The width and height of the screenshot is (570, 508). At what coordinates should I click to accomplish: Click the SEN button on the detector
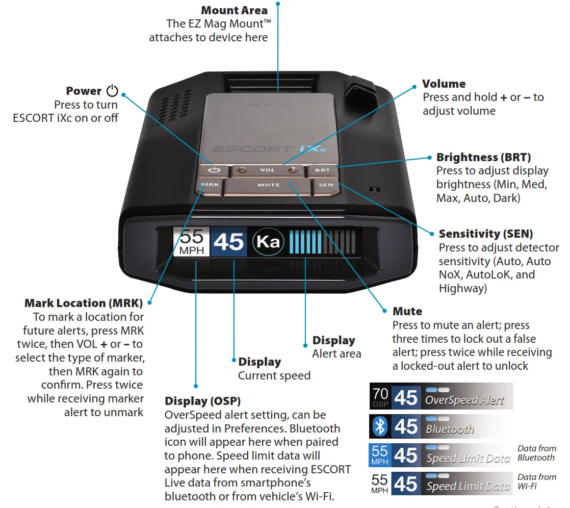[326, 185]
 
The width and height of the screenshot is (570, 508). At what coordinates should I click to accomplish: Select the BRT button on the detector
[322, 170]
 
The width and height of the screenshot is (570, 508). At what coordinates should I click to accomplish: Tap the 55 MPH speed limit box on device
[191, 242]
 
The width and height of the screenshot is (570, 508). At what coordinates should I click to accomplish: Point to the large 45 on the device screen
[229, 242]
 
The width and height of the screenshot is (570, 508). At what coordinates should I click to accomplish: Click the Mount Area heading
[234, 10]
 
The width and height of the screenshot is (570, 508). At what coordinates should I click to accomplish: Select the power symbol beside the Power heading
[112, 91]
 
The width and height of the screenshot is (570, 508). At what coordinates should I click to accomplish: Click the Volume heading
[444, 84]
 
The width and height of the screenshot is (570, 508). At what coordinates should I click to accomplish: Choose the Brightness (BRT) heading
[483, 158]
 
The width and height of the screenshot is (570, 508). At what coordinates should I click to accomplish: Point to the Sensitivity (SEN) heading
[485, 234]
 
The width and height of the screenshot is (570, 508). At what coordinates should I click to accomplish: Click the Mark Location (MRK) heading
[84, 303]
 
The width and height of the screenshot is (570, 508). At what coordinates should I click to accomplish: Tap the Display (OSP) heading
[202, 401]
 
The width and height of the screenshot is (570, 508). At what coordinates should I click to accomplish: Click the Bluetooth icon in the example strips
[380, 426]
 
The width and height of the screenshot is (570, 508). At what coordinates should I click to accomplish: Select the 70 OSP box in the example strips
[380, 397]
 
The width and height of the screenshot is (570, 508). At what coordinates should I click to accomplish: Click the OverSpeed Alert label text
[464, 400]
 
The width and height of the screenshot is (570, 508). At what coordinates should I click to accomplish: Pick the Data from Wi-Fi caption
[536, 481]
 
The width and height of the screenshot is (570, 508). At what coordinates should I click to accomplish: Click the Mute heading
[407, 311]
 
